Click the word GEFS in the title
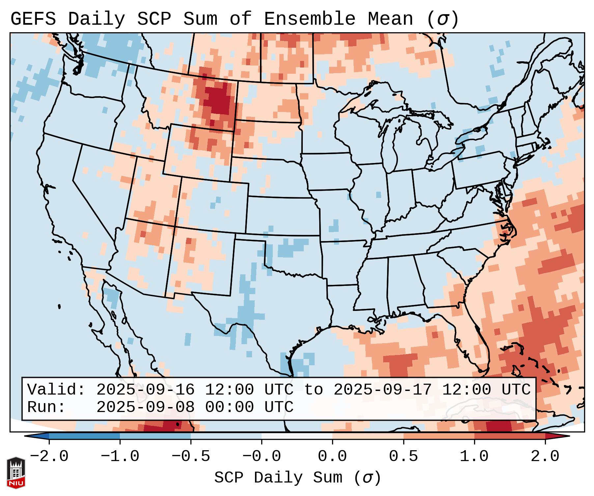click(x=33, y=19)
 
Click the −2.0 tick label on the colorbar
click(x=49, y=456)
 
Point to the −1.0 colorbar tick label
click(x=120, y=456)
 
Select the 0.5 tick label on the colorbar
click(x=404, y=456)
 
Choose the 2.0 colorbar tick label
click(x=545, y=456)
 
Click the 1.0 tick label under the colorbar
click(x=474, y=456)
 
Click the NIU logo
click(x=16, y=473)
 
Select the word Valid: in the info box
click(x=56, y=390)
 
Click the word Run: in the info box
click(x=46, y=407)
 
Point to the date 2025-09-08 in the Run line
click(x=145, y=407)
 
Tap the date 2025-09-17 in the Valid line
click(x=382, y=390)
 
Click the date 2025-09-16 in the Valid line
click(x=145, y=390)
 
